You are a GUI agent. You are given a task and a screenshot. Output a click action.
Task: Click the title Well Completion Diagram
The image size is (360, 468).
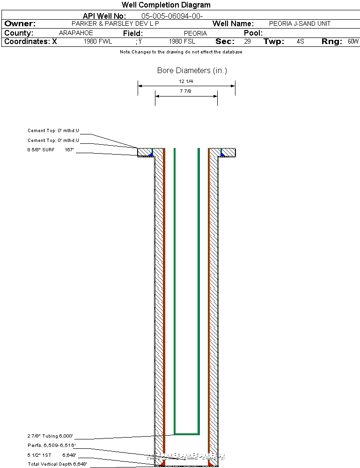(x=166, y=5)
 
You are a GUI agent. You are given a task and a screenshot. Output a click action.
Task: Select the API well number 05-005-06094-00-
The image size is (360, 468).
(x=172, y=16)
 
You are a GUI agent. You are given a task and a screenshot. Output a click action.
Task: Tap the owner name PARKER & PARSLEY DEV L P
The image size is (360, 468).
(x=115, y=23)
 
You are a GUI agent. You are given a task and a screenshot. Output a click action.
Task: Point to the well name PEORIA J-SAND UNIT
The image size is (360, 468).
(x=300, y=23)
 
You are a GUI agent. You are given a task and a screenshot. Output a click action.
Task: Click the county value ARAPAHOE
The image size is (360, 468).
(x=76, y=33)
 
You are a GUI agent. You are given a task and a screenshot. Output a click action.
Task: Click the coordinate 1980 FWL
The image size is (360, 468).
(x=98, y=42)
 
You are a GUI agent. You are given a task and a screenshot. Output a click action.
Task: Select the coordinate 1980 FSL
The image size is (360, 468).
(x=182, y=42)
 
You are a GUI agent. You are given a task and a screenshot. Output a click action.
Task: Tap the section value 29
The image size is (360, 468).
(x=247, y=42)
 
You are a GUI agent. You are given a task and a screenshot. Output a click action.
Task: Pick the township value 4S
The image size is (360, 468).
(x=301, y=42)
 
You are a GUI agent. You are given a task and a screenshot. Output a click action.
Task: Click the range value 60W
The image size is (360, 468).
(x=353, y=42)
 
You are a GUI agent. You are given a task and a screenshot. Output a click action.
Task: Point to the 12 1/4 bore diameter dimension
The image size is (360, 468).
(x=186, y=82)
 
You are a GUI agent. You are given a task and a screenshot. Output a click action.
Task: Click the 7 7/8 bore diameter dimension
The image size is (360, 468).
(x=186, y=91)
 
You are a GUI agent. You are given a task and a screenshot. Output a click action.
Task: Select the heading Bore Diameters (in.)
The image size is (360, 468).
(x=192, y=71)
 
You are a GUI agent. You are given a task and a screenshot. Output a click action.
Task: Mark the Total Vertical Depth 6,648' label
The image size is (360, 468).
(x=57, y=464)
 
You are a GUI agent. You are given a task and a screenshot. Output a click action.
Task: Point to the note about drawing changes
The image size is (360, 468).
(x=181, y=52)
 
